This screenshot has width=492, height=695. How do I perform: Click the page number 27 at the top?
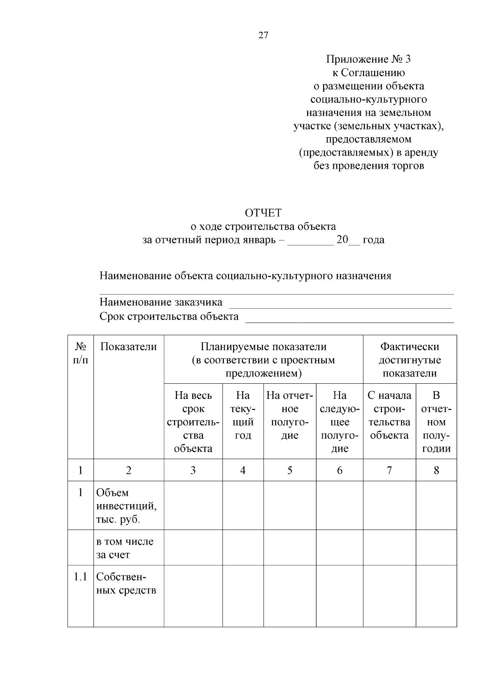[x=263, y=35]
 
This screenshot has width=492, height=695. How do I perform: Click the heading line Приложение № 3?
[x=368, y=59]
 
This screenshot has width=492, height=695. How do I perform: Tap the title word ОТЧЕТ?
[x=263, y=213]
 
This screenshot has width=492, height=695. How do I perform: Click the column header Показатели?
[x=128, y=347]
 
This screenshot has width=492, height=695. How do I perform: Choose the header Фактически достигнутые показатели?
[x=409, y=360]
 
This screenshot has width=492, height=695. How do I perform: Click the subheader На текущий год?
[x=243, y=415]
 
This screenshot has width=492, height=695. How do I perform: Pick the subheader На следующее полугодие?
[x=339, y=422]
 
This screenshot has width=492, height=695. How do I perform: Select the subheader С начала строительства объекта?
[x=389, y=415]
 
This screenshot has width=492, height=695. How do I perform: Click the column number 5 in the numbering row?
[x=289, y=470]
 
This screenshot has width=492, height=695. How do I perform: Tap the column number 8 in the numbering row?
[x=436, y=470]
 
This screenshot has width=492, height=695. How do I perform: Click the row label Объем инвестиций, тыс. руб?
[x=126, y=506]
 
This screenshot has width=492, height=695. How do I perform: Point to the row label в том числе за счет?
[x=125, y=548]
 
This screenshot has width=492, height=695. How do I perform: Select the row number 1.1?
[x=80, y=577]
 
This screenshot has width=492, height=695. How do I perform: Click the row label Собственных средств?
[x=126, y=584]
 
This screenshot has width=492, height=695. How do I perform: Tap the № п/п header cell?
[x=80, y=353]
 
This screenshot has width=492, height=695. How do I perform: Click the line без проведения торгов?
[x=368, y=166]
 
